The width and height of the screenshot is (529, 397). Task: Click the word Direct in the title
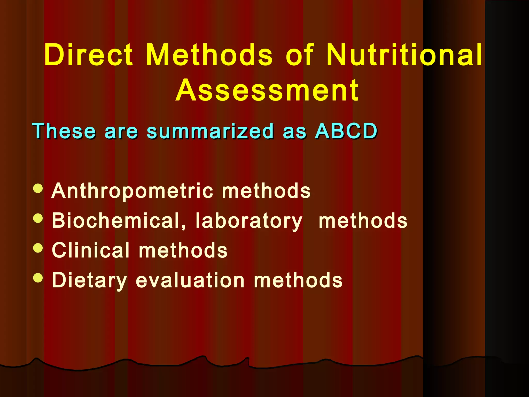pyautogui.click(x=89, y=55)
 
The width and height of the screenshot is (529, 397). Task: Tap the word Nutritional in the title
pyautogui.click(x=404, y=55)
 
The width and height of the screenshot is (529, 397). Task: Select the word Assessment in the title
pyautogui.click(x=267, y=90)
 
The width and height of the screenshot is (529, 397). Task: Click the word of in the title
pyautogui.click(x=300, y=55)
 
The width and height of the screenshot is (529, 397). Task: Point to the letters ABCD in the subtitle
pyautogui.click(x=346, y=131)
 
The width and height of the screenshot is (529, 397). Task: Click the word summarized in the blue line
pyautogui.click(x=210, y=131)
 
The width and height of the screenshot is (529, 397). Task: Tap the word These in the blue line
pyautogui.click(x=64, y=131)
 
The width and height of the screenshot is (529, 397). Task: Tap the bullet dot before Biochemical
pyautogui.click(x=38, y=218)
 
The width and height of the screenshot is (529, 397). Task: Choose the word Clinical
pyautogui.click(x=91, y=250)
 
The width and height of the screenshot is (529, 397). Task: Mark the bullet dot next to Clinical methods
pyautogui.click(x=38, y=248)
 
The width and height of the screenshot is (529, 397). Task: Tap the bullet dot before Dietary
pyautogui.click(x=38, y=278)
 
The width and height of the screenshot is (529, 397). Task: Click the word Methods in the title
pyautogui.click(x=209, y=55)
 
